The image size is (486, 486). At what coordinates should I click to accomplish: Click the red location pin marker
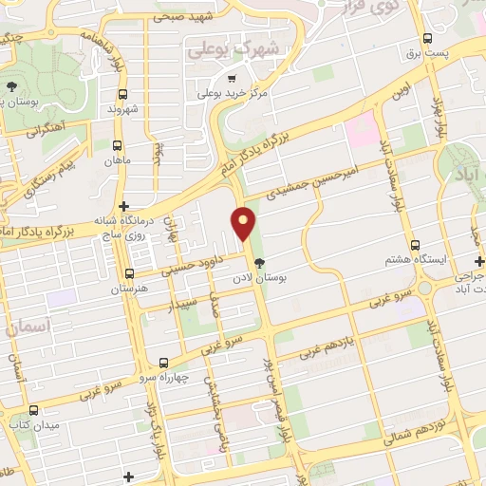tap(245, 222)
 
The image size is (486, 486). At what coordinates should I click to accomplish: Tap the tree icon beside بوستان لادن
tap(259, 263)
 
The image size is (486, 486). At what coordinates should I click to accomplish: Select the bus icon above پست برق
tap(427, 39)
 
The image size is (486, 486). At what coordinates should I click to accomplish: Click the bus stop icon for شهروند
tap(123, 95)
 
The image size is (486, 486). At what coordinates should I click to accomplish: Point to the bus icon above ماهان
tap(117, 146)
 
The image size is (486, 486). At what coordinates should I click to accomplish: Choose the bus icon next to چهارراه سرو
tap(164, 363)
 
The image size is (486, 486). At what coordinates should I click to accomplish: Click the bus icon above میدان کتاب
tap(34, 411)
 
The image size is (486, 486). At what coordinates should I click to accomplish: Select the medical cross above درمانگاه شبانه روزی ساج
tap(122, 206)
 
